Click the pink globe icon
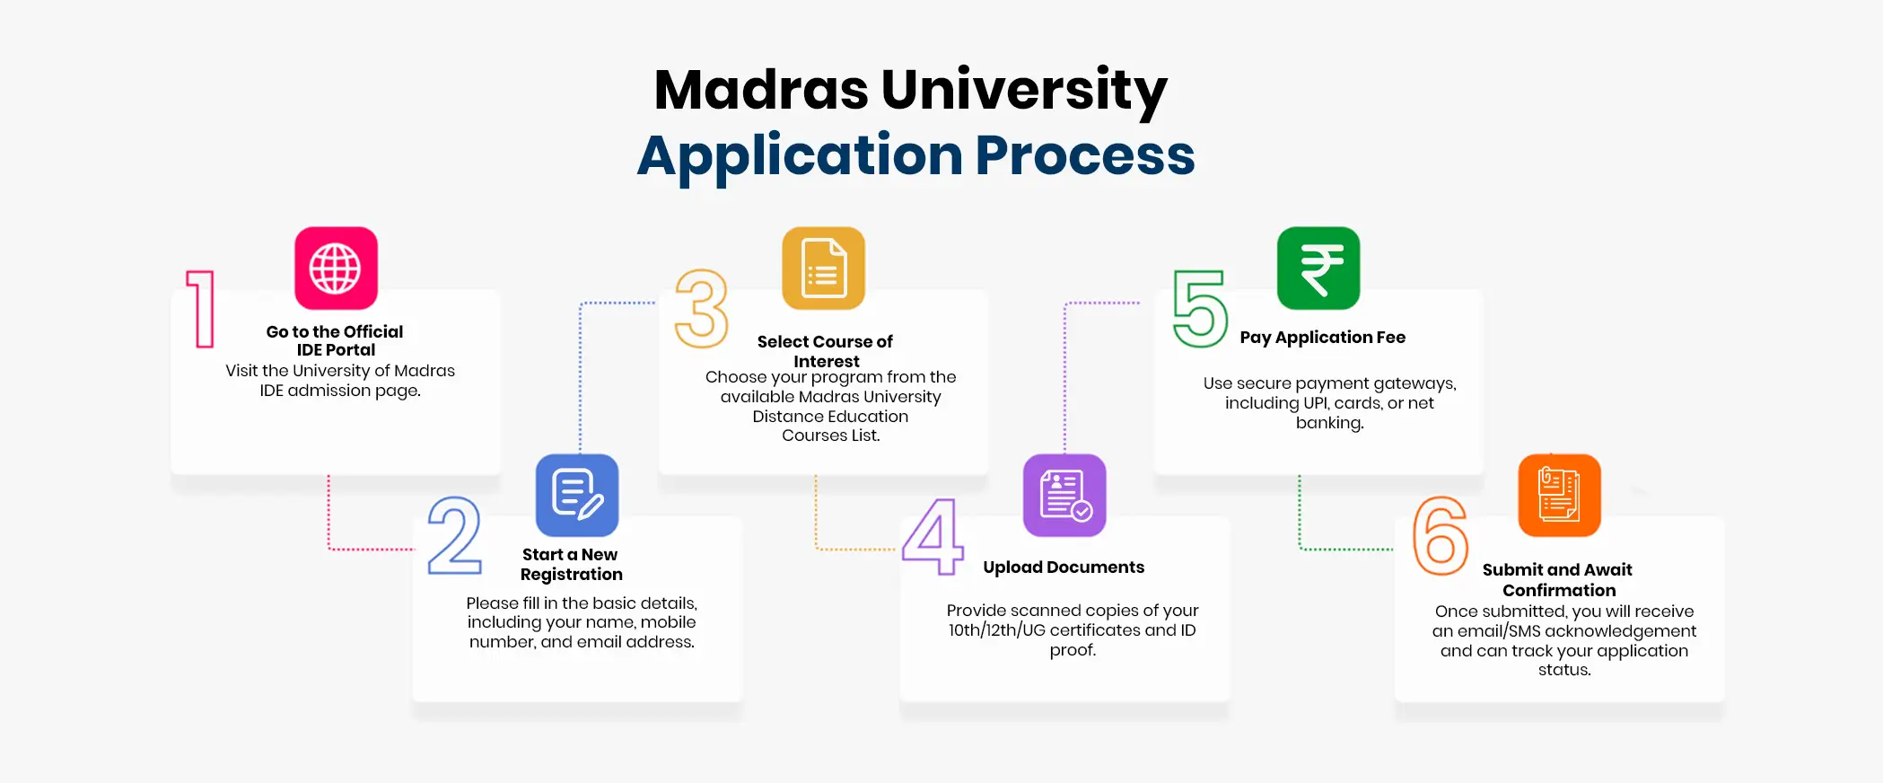click(336, 268)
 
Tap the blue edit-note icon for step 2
click(577, 495)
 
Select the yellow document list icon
click(824, 268)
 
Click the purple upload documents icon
click(1064, 495)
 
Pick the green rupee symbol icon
click(1318, 268)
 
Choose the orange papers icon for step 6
click(1560, 495)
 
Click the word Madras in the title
click(761, 90)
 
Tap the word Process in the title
click(1085, 155)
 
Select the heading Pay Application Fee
click(1323, 338)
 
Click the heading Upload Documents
click(1064, 567)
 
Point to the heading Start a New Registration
click(571, 565)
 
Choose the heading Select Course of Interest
click(826, 351)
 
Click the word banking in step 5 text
click(1329, 423)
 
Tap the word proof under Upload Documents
click(1073, 650)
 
